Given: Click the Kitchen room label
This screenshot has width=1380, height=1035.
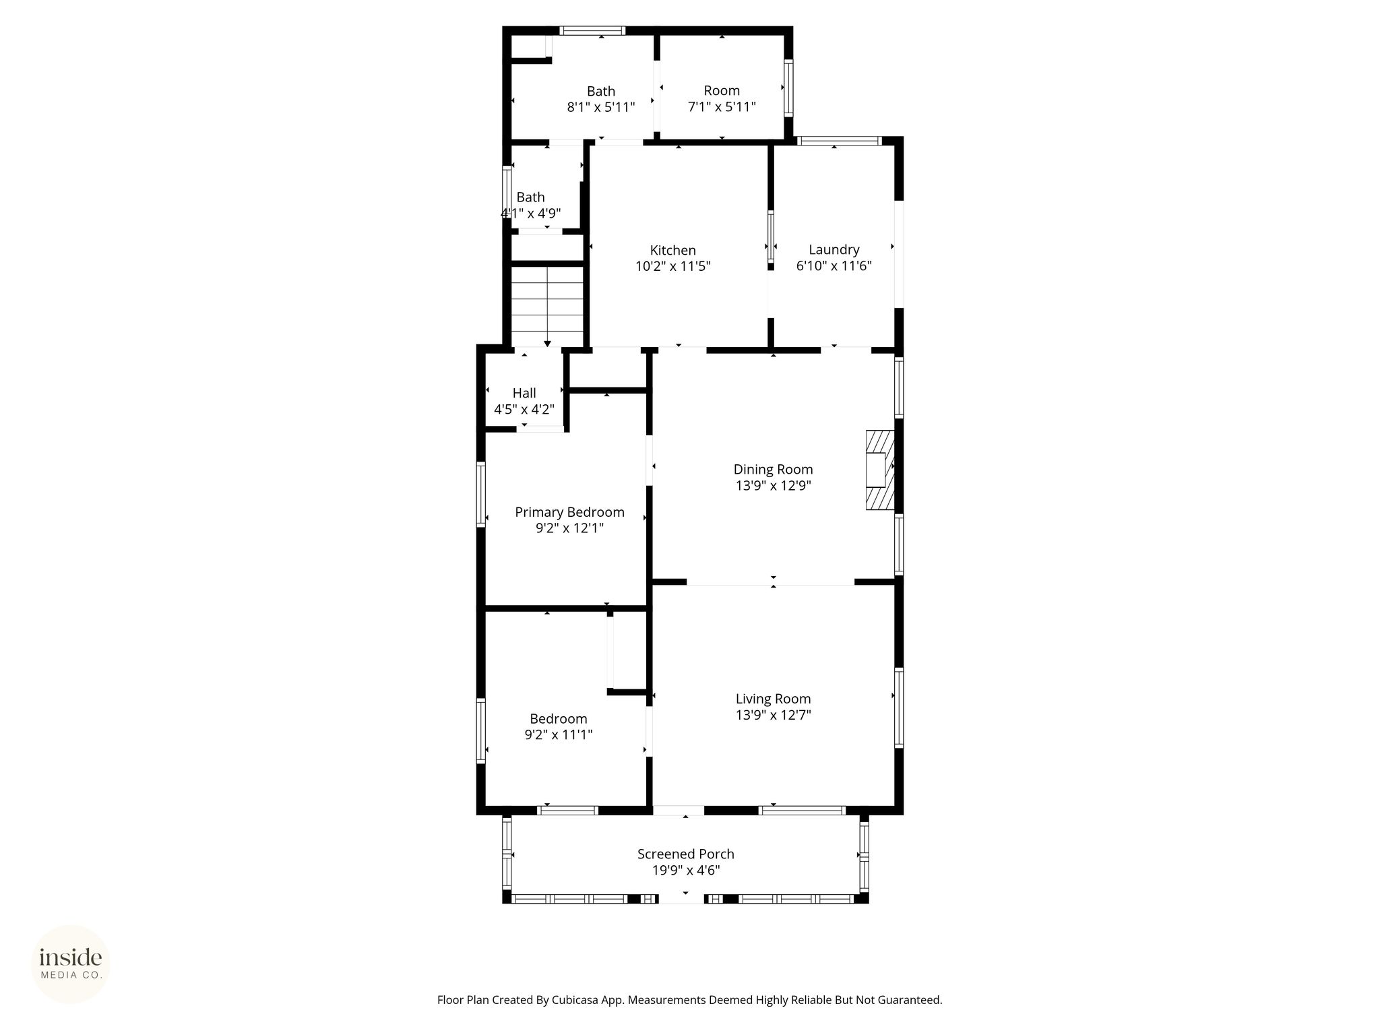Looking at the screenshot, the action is tap(672, 251).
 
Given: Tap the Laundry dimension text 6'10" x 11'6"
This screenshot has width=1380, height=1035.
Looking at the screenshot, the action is tap(834, 266).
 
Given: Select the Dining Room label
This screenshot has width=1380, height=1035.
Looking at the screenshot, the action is tap(773, 470).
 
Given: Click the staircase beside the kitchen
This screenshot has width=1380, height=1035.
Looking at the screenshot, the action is tap(547, 307).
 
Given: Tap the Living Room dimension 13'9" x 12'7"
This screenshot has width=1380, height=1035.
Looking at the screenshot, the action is tap(773, 716).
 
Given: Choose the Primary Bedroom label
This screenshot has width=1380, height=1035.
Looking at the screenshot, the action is tap(569, 512).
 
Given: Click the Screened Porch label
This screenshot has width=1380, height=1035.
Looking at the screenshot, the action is tap(686, 854).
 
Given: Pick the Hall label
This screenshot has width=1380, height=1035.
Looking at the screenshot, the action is tap(524, 394).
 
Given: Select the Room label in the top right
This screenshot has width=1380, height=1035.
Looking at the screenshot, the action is tap(722, 91).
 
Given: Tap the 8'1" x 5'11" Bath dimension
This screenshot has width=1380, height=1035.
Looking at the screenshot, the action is tap(601, 107).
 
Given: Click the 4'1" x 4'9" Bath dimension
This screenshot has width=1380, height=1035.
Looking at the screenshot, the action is tap(530, 214).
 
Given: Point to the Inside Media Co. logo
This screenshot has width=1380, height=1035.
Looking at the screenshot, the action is tap(71, 964).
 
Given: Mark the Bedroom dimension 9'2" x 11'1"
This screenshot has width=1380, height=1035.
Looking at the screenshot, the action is tap(559, 735).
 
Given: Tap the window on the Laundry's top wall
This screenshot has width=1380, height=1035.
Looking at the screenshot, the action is tap(839, 141).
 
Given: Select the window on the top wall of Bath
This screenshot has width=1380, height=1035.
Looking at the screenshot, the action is tap(592, 30).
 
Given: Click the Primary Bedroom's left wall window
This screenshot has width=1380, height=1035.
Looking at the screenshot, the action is tap(481, 494).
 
